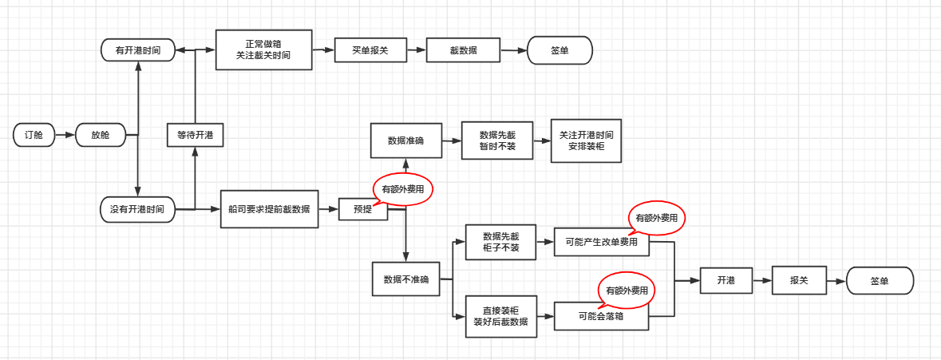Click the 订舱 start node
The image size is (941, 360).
[34, 136]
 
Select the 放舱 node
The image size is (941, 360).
[101, 136]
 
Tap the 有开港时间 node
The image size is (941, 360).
[137, 49]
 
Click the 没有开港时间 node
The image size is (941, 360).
[137, 209]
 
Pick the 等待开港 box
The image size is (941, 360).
[195, 136]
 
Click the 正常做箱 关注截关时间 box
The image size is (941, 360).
[263, 49]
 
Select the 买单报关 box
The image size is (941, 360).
[370, 49]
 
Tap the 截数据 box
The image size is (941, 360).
[464, 49]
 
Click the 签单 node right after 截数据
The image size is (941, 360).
[560, 49]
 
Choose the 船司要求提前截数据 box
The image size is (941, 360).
[269, 209]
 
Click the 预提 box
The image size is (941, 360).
[363, 209]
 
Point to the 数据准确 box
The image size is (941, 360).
[405, 140]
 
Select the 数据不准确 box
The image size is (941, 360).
[405, 279]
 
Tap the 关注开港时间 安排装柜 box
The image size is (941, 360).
[586, 140]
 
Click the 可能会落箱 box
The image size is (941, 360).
[601, 317]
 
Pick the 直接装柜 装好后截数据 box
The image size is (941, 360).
[500, 317]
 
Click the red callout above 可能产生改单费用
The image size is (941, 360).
[657, 217]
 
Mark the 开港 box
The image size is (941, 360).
[726, 281]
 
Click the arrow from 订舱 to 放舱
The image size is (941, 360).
[65, 136]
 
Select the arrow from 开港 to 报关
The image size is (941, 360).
[761, 281]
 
